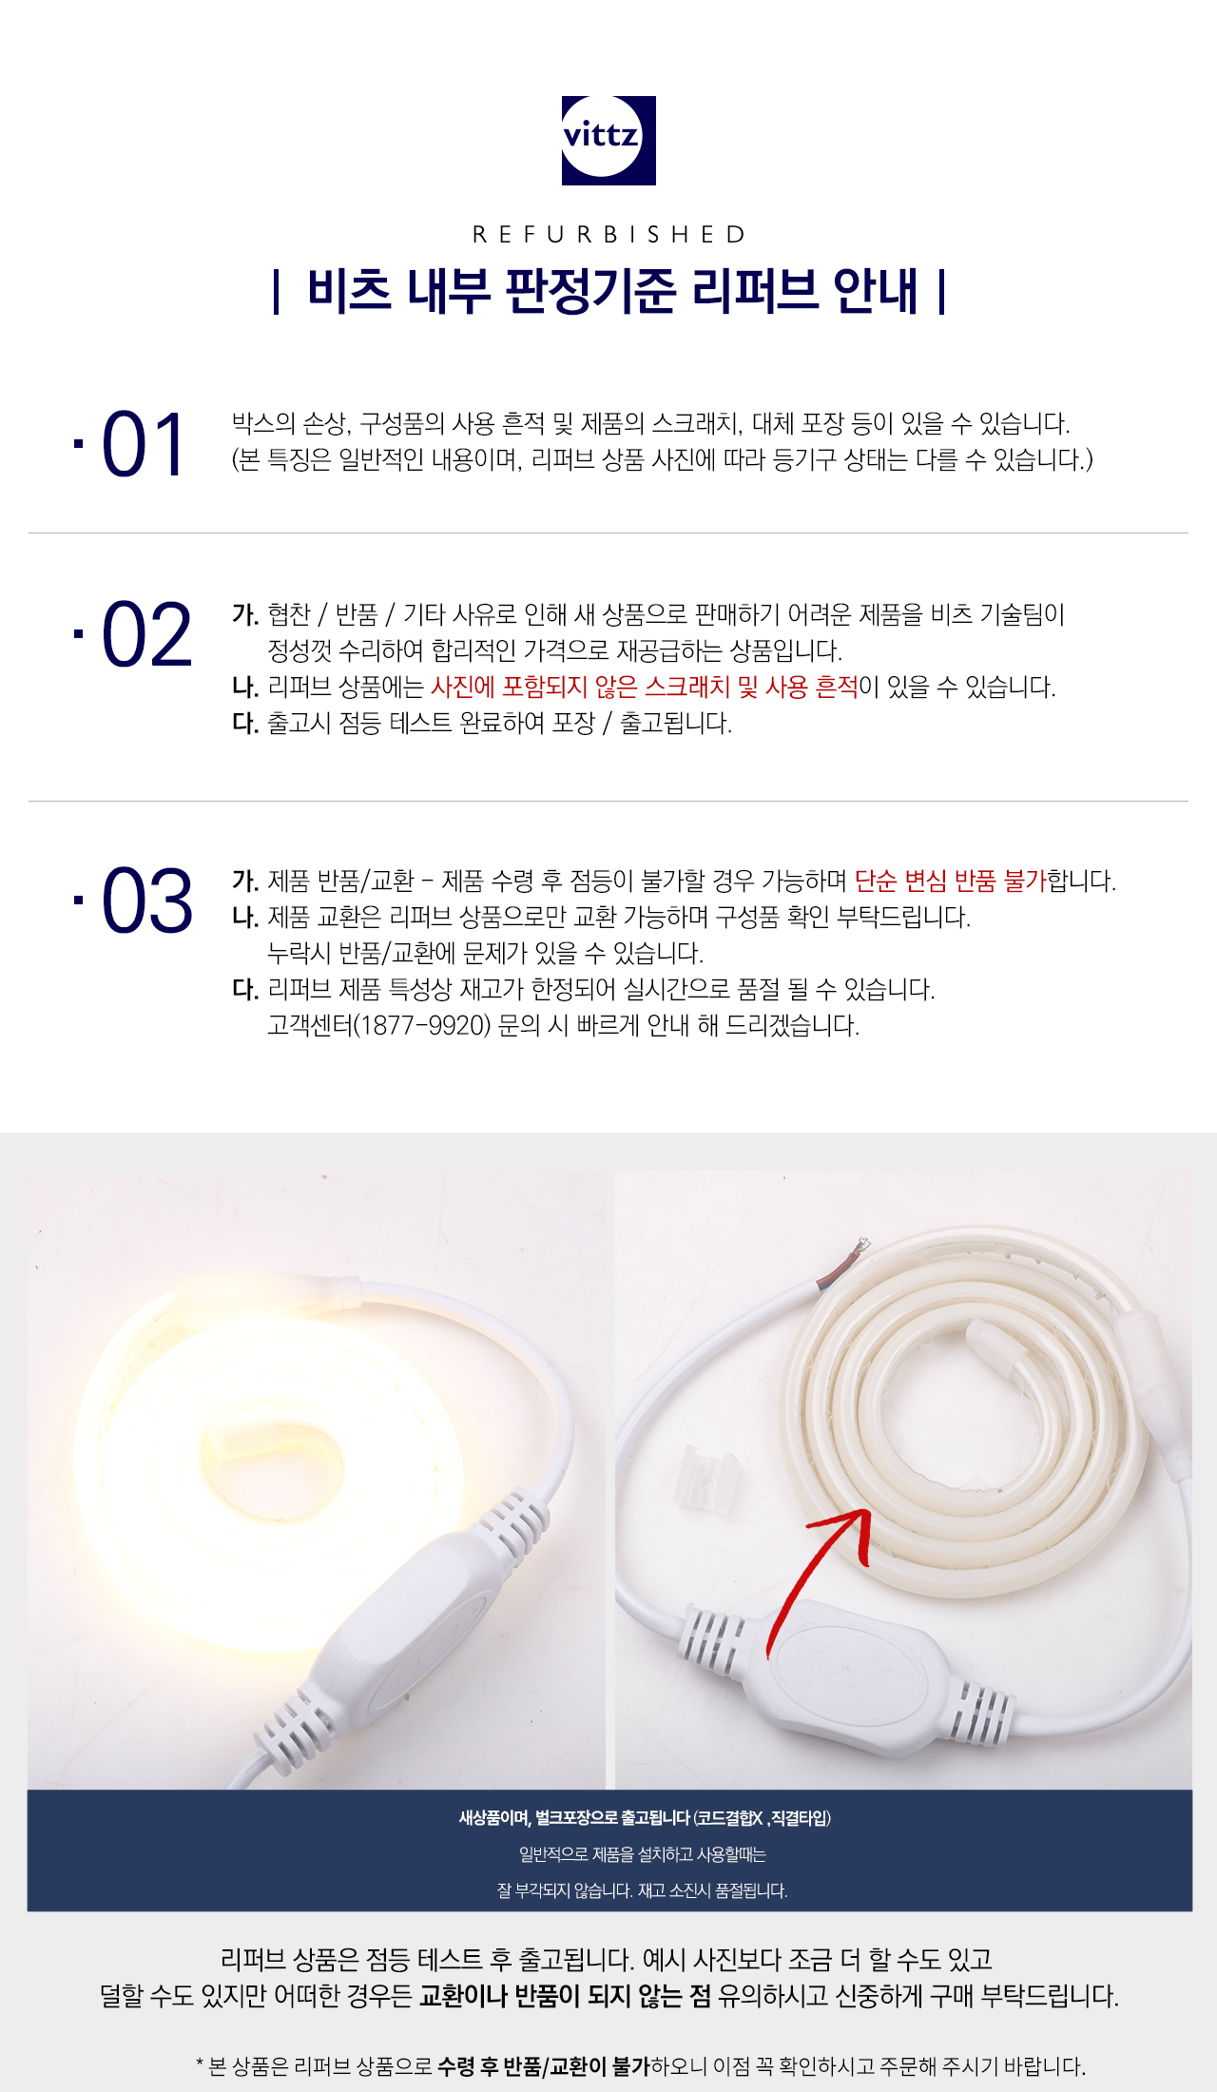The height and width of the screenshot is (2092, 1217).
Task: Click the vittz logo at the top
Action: (608, 140)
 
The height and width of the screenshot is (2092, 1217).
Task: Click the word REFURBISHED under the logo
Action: (608, 234)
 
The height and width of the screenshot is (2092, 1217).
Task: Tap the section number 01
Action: (144, 444)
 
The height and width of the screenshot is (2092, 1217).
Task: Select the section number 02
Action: (146, 634)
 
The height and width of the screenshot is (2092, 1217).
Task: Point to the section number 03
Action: (146, 901)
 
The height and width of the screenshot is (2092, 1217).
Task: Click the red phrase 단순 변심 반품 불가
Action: (950, 881)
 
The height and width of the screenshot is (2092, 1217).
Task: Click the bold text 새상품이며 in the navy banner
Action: (493, 1817)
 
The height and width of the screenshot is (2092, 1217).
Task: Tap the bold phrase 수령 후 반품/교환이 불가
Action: (544, 2065)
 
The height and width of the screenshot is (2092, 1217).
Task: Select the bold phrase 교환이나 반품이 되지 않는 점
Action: (565, 1995)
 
